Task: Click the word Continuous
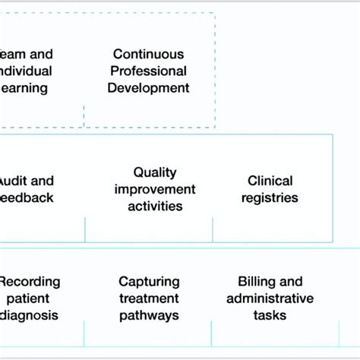click(148, 54)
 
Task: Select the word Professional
click(148, 71)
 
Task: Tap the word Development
click(148, 87)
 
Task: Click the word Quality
click(155, 172)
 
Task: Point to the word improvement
click(155, 189)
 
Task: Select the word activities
click(155, 206)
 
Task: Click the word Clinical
click(270, 181)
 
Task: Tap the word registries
click(270, 197)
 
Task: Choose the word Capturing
click(149, 282)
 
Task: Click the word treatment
click(149, 298)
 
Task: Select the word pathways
click(149, 315)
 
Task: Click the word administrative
click(270, 298)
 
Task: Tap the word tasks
click(270, 315)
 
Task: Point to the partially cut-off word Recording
click(30, 282)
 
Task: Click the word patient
click(30, 298)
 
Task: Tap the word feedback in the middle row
click(27, 197)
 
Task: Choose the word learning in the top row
click(24, 87)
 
